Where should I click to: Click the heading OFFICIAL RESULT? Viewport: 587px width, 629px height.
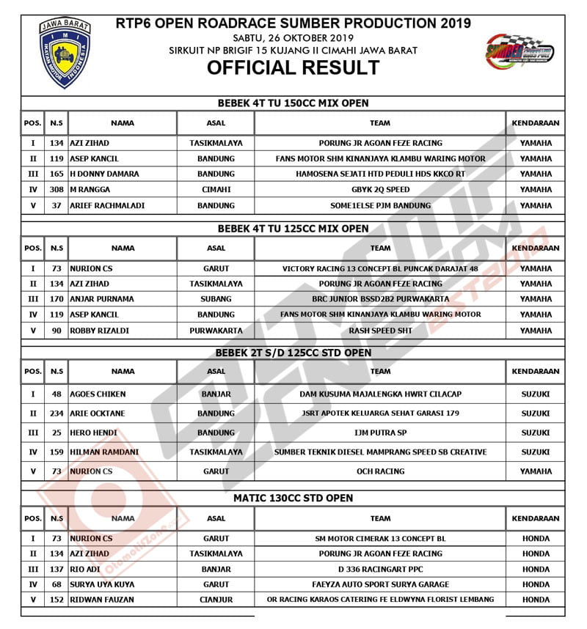point(293,68)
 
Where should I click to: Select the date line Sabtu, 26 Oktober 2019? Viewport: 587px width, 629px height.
point(293,37)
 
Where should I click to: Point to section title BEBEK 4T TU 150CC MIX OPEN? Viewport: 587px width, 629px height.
point(293,103)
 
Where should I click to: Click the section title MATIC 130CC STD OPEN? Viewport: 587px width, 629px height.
point(293,498)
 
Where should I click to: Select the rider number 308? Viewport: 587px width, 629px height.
point(56,190)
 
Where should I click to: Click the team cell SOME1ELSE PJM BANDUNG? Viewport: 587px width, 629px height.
point(380,205)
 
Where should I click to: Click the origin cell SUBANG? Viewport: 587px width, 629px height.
point(216,299)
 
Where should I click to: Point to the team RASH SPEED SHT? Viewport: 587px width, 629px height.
point(380,331)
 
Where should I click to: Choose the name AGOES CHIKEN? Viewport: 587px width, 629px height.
point(98,394)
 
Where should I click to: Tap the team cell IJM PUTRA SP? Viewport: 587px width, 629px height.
point(380,433)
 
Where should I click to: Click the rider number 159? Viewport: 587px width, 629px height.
point(56,452)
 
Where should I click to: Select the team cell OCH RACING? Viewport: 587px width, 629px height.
point(380,471)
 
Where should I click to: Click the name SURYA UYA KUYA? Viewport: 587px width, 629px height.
point(102,584)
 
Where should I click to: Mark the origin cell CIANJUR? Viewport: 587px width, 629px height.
point(216,600)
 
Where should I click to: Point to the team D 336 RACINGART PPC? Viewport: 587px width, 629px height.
point(380,569)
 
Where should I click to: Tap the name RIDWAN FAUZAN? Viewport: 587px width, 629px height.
point(102,600)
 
